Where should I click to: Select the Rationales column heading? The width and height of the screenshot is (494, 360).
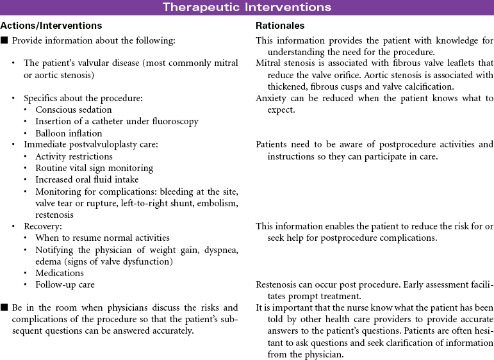(x=280, y=26)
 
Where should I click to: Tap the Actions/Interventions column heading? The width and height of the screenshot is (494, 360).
(x=51, y=26)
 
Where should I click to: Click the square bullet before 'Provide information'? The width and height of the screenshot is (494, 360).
(x=4, y=40)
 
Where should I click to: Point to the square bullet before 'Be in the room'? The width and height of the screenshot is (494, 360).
(x=4, y=308)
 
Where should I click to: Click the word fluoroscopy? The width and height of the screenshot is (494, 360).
(x=174, y=122)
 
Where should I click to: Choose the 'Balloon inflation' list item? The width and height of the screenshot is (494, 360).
(x=69, y=133)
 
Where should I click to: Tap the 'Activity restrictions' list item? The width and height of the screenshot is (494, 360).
(x=74, y=156)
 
